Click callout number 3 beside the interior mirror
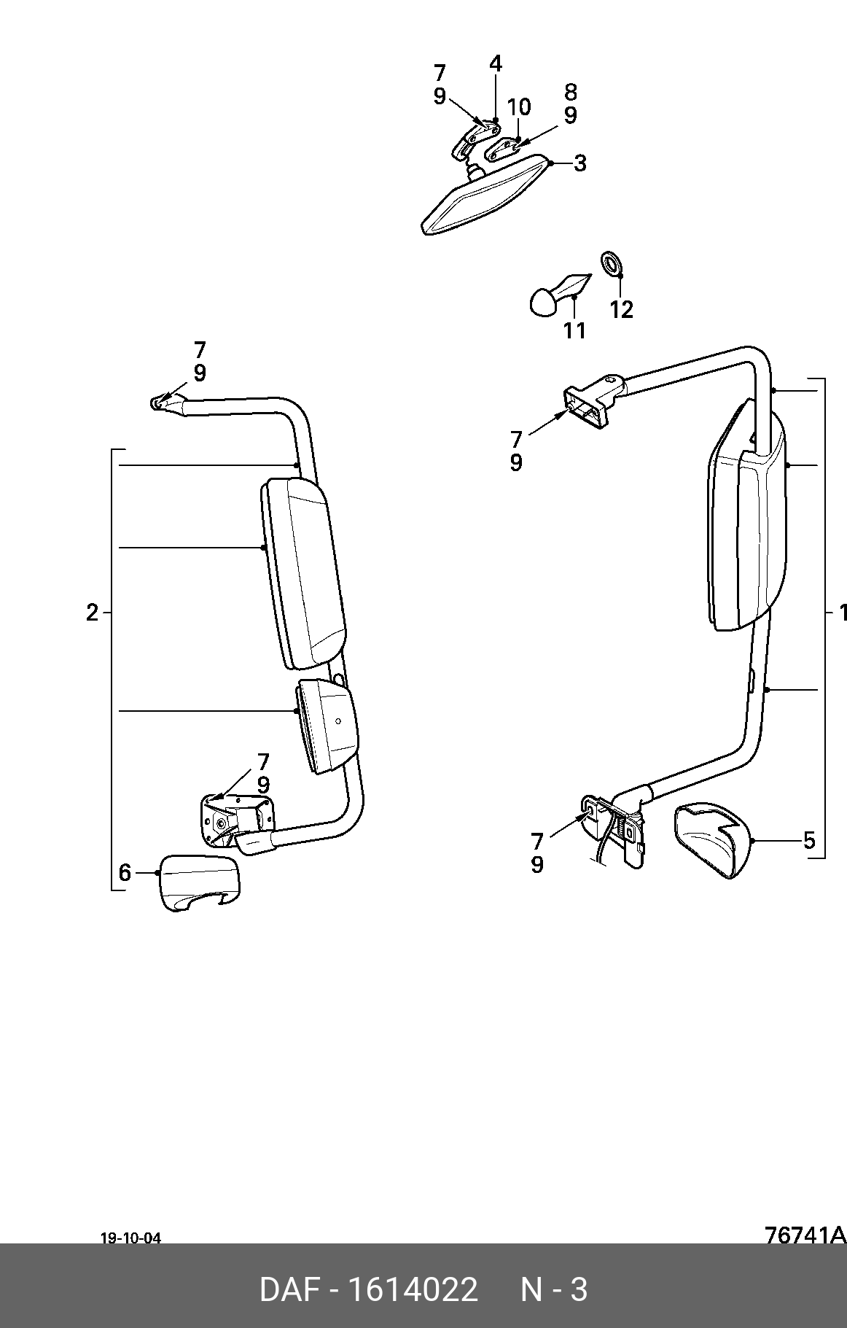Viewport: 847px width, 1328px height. (x=579, y=163)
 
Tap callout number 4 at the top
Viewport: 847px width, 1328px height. (x=496, y=63)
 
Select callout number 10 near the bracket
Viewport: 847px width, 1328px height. (x=519, y=107)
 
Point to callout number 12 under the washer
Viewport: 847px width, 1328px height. (x=622, y=310)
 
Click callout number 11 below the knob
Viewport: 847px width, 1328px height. (x=574, y=330)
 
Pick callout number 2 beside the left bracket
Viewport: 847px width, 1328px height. (x=92, y=613)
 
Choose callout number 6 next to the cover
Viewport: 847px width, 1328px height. (x=125, y=872)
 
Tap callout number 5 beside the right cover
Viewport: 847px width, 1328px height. (x=809, y=841)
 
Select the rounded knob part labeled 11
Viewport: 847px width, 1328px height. (x=558, y=294)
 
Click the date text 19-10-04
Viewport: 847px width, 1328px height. (x=130, y=1238)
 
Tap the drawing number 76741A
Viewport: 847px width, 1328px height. (x=805, y=1235)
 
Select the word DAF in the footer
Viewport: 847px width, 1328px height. (x=290, y=1289)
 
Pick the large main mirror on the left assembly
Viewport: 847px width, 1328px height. (x=303, y=573)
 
